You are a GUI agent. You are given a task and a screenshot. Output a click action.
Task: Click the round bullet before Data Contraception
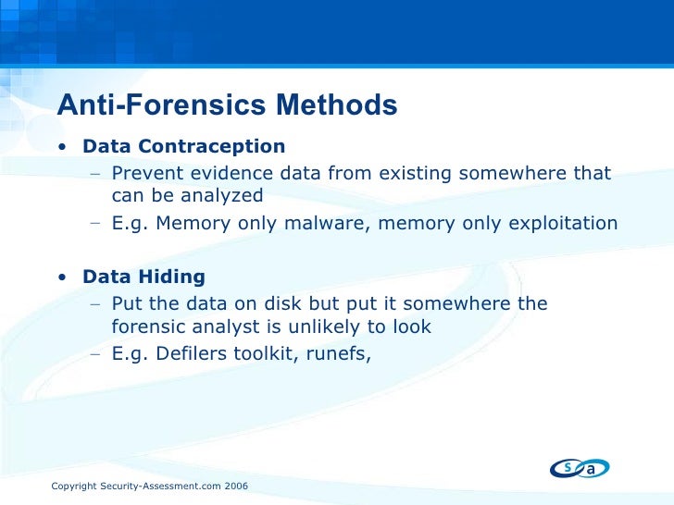pos(60,147)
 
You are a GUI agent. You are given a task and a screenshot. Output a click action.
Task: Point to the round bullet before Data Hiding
pos(60,277)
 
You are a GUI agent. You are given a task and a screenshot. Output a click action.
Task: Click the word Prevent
pos(144,173)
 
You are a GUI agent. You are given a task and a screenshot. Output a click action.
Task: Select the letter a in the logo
pos(591,470)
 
